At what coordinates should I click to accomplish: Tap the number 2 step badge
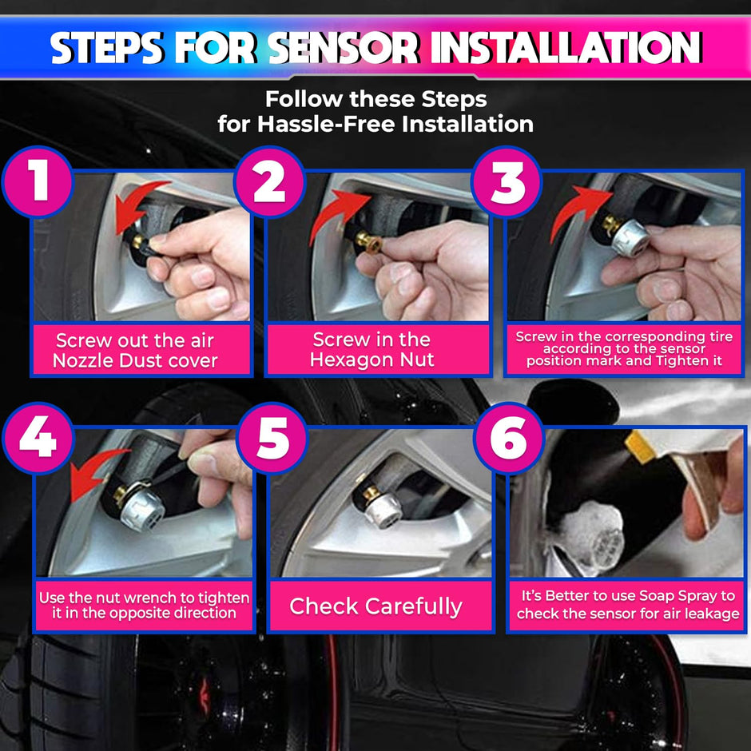point(269,182)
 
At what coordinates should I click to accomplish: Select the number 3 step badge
point(507,182)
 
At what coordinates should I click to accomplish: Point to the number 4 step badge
point(38,439)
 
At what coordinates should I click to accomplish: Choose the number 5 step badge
point(272,439)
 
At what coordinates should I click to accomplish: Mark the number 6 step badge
point(509,439)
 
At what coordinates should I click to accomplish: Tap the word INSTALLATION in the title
point(566,49)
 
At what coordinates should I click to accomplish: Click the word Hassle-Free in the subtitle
point(336,124)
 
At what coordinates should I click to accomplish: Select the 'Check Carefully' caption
point(375,606)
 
